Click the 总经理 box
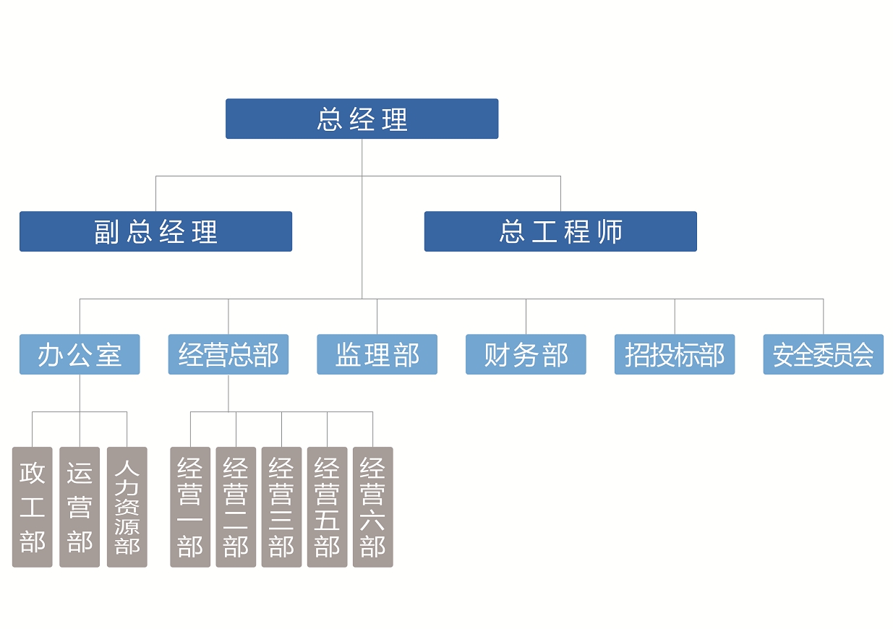(x=362, y=119)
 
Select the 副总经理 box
(x=155, y=231)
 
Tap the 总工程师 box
(x=560, y=231)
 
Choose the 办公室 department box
(x=80, y=354)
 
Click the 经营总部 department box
(x=228, y=354)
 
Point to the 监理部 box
(x=377, y=354)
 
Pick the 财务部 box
(x=526, y=354)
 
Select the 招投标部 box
(x=675, y=354)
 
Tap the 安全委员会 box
(x=823, y=354)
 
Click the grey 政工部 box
(x=33, y=507)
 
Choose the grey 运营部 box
(x=80, y=507)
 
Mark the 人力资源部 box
(x=127, y=507)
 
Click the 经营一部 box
(x=190, y=507)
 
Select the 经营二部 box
(x=236, y=507)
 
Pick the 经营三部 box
(x=281, y=507)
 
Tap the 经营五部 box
(x=327, y=507)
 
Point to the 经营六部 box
(x=372, y=507)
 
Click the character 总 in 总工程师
(x=512, y=232)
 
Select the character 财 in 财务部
(x=497, y=355)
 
